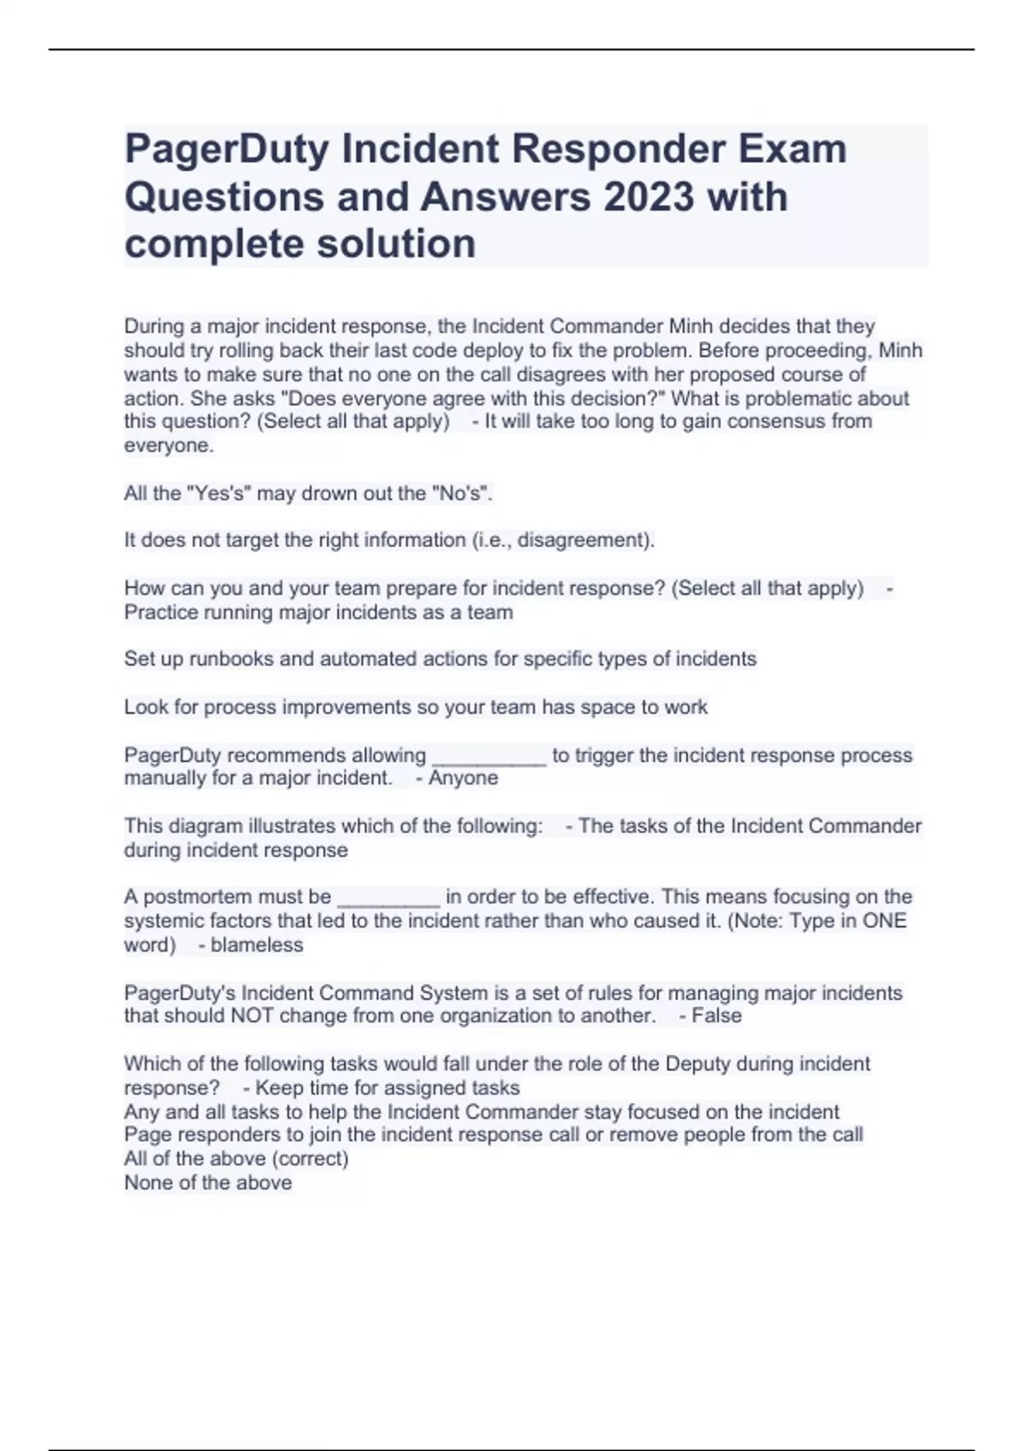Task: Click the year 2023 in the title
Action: [649, 197]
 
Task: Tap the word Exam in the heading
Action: [793, 149]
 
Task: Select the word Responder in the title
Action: [618, 149]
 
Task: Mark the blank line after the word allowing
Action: [489, 757]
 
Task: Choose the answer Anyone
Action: [463, 778]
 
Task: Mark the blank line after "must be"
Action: [389, 898]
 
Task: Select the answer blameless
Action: [257, 946]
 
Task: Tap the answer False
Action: [717, 1017]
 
